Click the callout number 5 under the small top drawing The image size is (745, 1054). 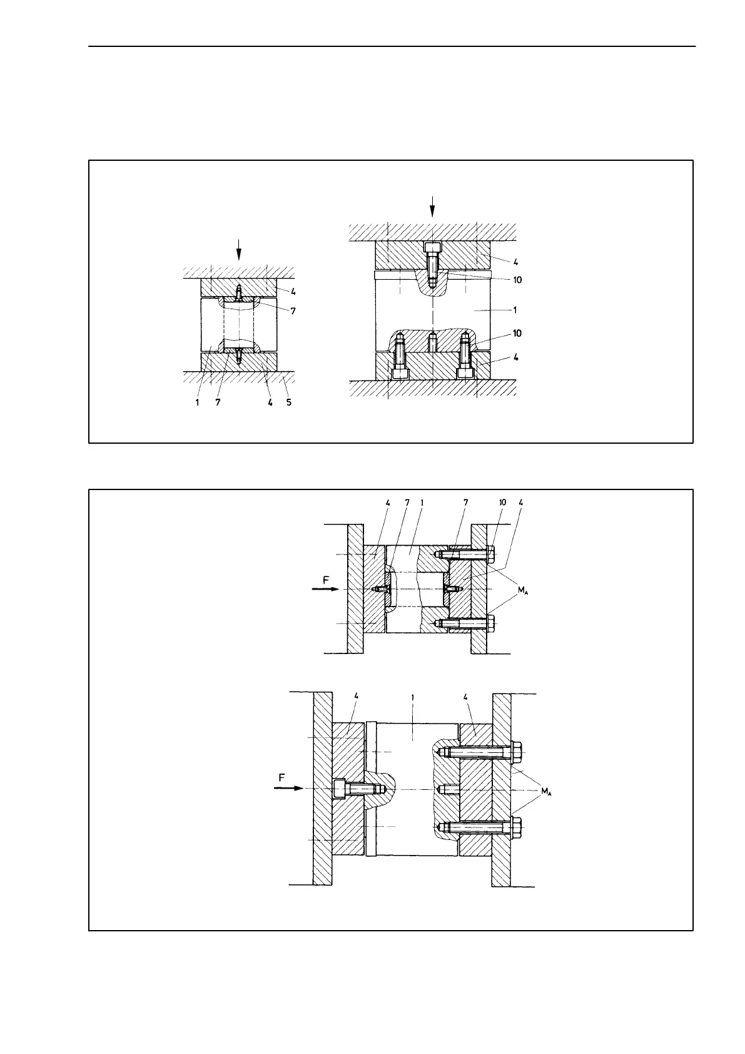click(289, 402)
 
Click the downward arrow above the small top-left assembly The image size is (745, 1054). click(238, 251)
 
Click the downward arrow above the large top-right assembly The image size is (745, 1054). click(432, 205)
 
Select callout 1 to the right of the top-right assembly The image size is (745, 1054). click(515, 310)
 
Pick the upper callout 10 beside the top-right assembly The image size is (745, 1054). click(517, 280)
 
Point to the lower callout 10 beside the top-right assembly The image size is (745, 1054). click(517, 333)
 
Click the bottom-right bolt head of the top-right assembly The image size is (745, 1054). click(465, 373)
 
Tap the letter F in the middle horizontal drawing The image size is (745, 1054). click(326, 580)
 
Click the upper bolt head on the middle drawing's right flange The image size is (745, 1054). click(490, 554)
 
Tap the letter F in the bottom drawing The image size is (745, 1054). click(282, 777)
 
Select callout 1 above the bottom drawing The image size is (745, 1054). click(412, 696)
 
